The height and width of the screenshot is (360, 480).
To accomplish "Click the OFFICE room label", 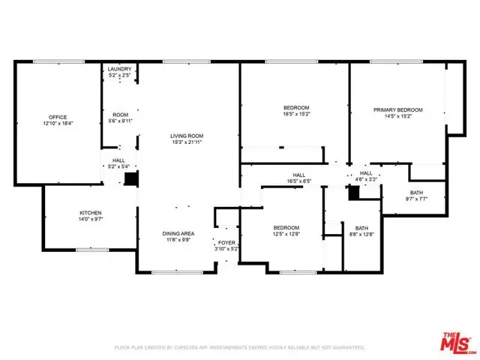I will coord(58,117).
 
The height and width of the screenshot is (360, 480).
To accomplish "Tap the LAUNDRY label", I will coord(120,68).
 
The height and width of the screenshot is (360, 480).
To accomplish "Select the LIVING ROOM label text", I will coord(187,134).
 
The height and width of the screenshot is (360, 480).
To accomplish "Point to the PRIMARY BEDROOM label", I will coord(398,109).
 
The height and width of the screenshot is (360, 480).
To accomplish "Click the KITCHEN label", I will coord(91,213).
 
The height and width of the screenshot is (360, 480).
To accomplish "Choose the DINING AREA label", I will coord(178,233).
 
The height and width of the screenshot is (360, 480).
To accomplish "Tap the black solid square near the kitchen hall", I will coord(131,178).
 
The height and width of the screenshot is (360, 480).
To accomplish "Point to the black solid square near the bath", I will coord(354,192).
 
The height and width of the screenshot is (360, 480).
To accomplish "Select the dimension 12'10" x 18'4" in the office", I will coord(58,123).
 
